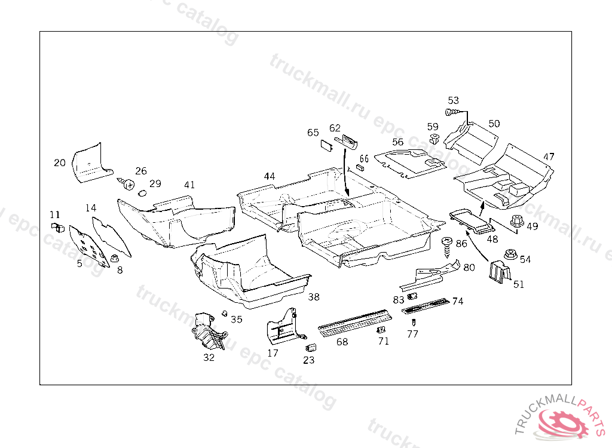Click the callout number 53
[x=454, y=100]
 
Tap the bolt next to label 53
[x=451, y=112]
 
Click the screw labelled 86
[x=446, y=244]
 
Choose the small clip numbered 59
[x=435, y=139]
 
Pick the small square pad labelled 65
[x=327, y=143]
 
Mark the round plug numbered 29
[x=142, y=193]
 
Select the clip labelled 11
[x=58, y=227]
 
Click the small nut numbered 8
[x=115, y=259]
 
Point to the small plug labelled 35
[x=225, y=313]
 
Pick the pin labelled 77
[x=413, y=322]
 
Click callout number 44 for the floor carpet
[x=270, y=176]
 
